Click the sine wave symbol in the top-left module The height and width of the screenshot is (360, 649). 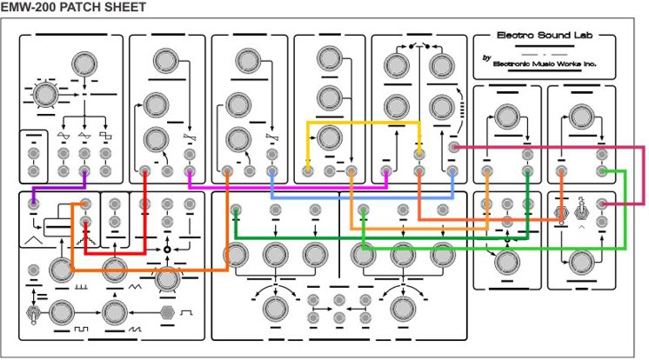(63, 137)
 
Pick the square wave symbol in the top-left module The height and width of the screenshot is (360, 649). (105, 137)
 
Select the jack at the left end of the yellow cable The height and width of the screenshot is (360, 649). (308, 171)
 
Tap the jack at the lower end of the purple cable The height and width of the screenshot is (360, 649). (32, 205)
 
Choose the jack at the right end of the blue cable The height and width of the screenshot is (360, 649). (452, 171)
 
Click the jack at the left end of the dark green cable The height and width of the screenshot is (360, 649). (237, 210)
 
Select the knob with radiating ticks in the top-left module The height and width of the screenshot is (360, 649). (43, 93)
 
